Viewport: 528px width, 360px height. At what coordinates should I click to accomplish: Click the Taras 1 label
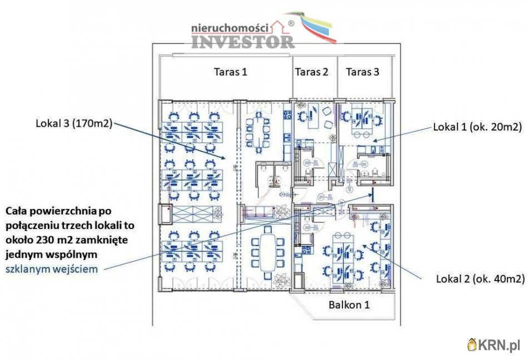pyautogui.click(x=230, y=72)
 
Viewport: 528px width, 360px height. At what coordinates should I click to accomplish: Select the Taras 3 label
pyautogui.click(x=362, y=72)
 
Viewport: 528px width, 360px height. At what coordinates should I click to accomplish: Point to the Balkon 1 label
pyautogui.click(x=349, y=304)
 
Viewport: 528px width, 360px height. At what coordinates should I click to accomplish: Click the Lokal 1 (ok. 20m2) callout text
pyautogui.click(x=477, y=127)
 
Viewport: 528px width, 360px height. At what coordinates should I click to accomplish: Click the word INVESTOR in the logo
pyautogui.click(x=243, y=41)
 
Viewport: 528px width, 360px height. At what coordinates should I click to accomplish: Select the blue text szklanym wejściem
pyautogui.click(x=52, y=269)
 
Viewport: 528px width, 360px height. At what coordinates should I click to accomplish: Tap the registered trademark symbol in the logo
pyautogui.click(x=291, y=23)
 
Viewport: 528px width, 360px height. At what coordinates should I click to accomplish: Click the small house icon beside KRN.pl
pyautogui.click(x=472, y=345)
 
